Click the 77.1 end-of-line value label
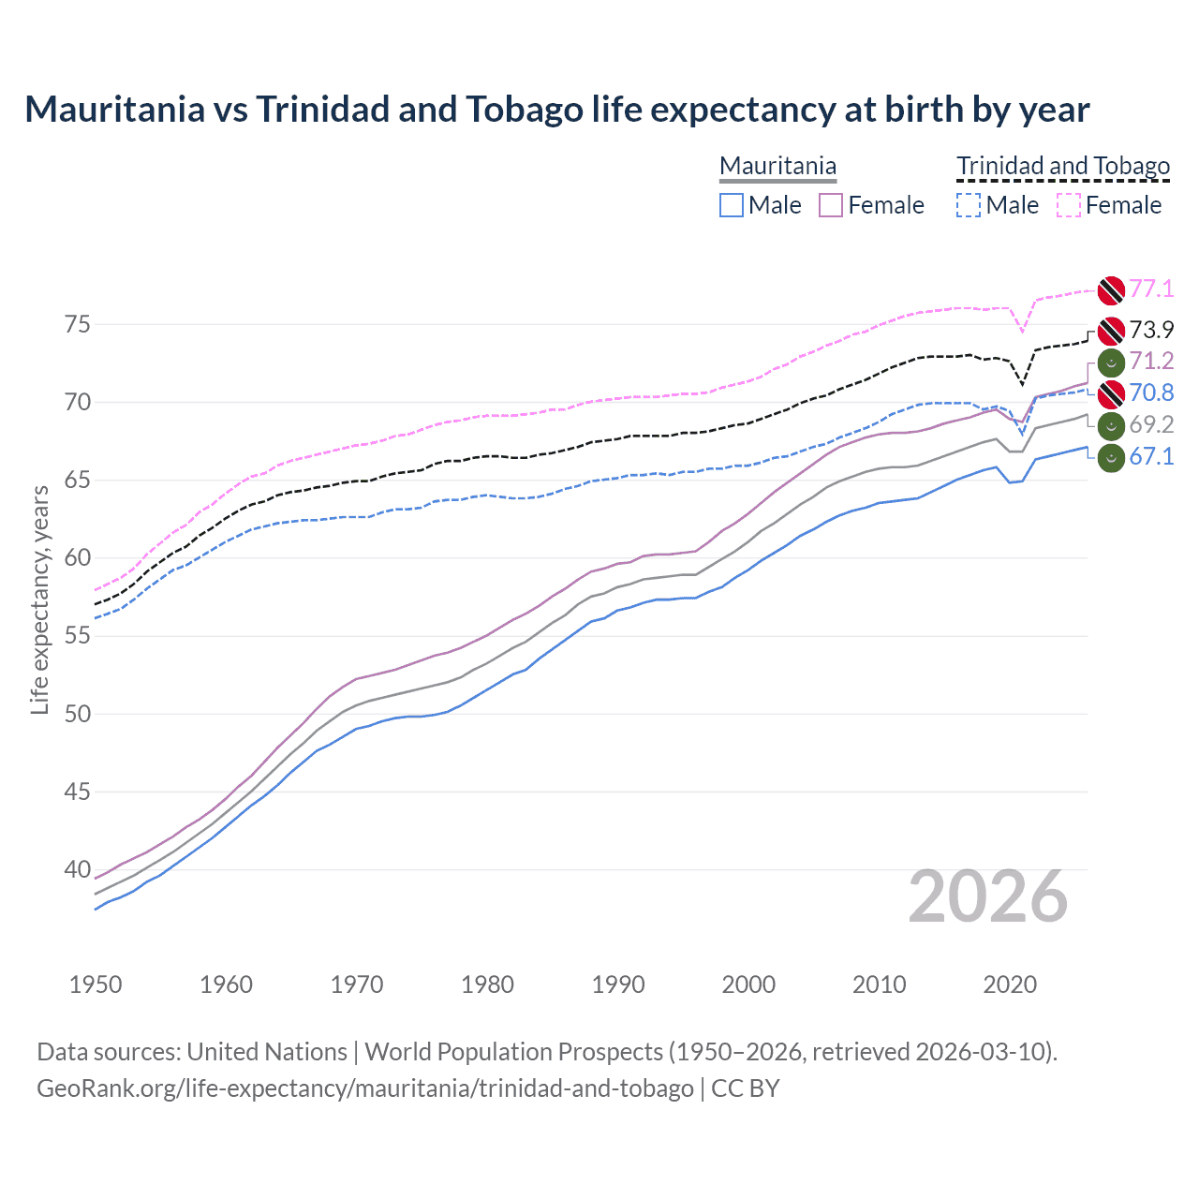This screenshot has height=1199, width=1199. (x=1151, y=289)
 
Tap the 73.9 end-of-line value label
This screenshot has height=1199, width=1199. (x=1151, y=330)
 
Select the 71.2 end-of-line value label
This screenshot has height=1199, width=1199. (x=1151, y=362)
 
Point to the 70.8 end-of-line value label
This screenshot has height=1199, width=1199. (x=1151, y=393)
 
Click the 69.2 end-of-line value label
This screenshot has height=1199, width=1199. (x=1151, y=425)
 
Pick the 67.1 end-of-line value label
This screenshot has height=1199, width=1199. (x=1151, y=457)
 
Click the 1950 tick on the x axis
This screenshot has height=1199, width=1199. (x=96, y=984)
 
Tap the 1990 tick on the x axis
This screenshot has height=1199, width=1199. (x=618, y=984)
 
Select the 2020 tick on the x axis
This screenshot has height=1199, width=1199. (x=1010, y=984)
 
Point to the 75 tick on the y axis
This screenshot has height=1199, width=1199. (x=78, y=325)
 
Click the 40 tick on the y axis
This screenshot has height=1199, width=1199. (x=78, y=870)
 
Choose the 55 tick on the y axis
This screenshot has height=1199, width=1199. (x=78, y=636)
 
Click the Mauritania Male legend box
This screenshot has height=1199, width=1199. (x=732, y=205)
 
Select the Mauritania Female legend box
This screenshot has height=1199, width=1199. (x=831, y=205)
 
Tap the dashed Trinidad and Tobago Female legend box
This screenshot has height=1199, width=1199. (x=1069, y=205)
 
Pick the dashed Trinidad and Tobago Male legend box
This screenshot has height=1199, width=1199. (x=969, y=205)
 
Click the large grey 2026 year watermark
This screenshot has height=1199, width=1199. (x=988, y=897)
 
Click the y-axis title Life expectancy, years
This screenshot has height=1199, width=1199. (x=39, y=599)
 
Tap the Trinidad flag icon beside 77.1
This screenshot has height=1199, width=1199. (x=1111, y=290)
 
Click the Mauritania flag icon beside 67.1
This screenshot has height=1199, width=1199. (x=1111, y=459)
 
